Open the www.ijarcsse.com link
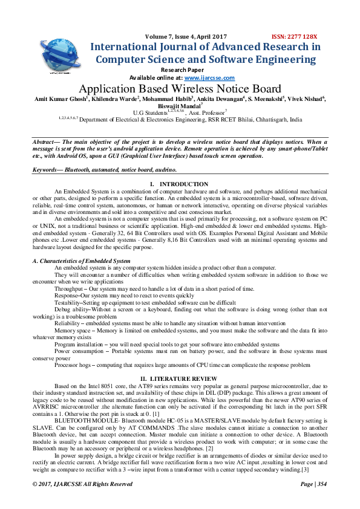pos(209,78)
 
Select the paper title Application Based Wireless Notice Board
pos(180,89)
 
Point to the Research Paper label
pos(180,70)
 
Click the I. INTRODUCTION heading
pos(179,184)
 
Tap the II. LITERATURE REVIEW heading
pos(179,377)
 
